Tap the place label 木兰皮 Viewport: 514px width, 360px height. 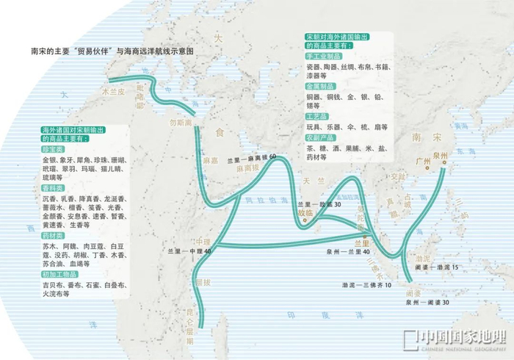(114, 93)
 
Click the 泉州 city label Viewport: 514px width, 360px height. (441, 156)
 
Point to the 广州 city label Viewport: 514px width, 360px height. (422, 162)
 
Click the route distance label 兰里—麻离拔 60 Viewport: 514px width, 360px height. (252, 158)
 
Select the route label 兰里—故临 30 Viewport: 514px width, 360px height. (319, 204)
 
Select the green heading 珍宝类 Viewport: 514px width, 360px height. (54, 148)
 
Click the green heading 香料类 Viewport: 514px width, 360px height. (54, 188)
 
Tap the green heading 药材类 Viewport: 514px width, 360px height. (54, 236)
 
